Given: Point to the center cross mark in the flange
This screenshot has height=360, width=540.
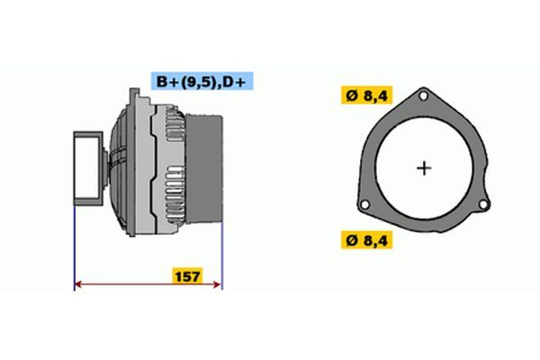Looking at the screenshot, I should click(425, 167).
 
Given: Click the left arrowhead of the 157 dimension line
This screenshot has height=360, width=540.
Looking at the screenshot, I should click(79, 285).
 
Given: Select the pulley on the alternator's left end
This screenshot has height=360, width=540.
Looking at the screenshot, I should click(88, 166).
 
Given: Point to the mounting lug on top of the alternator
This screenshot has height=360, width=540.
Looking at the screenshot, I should click(134, 94).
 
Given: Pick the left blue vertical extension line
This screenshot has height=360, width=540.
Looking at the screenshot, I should click(73, 243).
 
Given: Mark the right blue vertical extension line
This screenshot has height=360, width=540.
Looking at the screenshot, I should click(221, 243).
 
